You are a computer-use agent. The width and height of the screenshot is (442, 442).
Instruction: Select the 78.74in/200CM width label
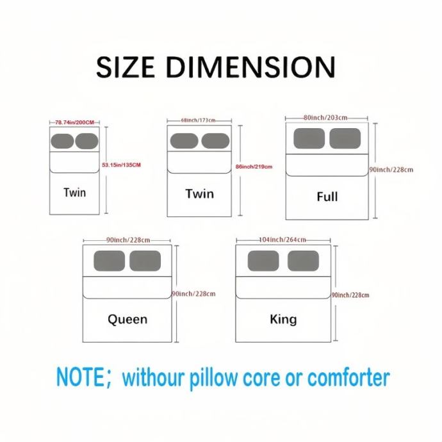tap(74, 122)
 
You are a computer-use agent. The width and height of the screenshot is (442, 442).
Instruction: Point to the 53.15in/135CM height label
tap(121, 165)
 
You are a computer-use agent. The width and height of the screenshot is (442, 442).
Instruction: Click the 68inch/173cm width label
tap(199, 120)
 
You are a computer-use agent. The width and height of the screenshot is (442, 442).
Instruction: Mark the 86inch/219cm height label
tap(254, 167)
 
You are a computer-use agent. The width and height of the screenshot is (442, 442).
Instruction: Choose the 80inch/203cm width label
tap(326, 118)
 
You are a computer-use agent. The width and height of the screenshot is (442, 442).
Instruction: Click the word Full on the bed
tap(327, 196)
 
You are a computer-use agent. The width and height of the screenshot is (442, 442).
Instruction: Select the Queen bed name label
tap(127, 319)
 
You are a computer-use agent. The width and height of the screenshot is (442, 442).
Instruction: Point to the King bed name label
tap(283, 318)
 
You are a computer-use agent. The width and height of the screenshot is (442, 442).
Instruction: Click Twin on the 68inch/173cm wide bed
tap(199, 193)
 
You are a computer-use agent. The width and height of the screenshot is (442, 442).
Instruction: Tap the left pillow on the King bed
tap(263, 261)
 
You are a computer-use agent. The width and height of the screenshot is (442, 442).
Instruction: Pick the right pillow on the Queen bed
tap(145, 261)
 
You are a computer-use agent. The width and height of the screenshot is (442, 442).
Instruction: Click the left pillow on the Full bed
tap(309, 138)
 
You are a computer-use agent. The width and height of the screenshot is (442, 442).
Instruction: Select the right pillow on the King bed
tap(303, 261)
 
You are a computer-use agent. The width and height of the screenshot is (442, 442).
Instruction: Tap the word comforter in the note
tap(348, 378)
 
